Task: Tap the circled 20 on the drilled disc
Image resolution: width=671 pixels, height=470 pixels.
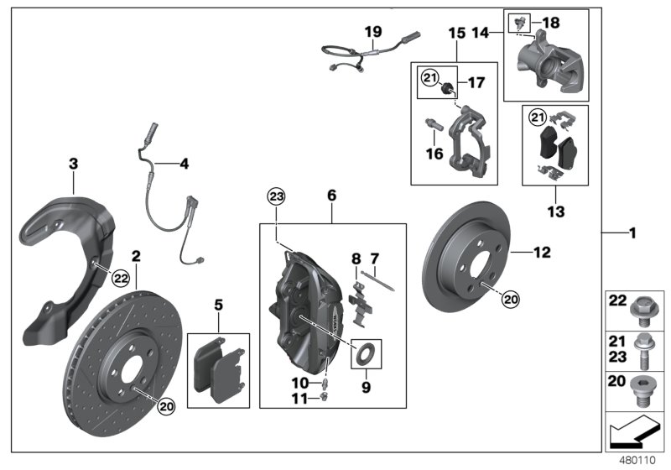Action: point(165,405)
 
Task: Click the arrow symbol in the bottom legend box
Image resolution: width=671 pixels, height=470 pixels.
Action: point(634,435)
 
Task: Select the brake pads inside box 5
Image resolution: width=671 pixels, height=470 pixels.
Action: point(217,369)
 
